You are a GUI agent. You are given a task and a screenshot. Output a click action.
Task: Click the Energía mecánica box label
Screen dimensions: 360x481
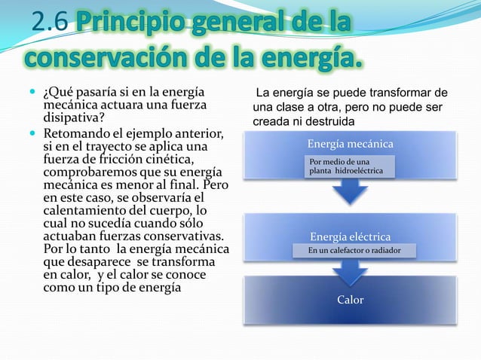350,144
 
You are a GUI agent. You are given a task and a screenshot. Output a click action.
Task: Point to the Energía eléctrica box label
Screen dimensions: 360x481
350,237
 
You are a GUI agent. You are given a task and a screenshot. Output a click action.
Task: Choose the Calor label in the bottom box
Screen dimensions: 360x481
350,300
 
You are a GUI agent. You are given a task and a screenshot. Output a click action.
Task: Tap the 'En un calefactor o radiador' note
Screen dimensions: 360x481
354,250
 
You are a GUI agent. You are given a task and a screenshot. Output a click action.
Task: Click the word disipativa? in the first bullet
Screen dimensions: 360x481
75,118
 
